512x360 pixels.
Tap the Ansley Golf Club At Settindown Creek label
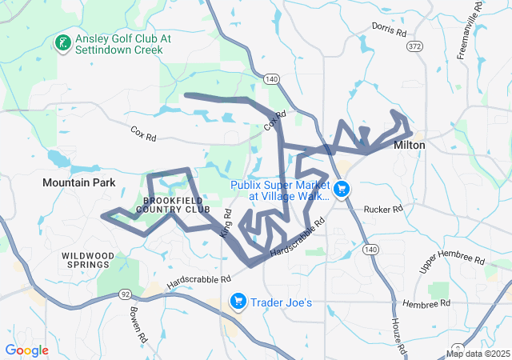pos(118,43)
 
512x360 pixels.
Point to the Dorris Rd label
pos(390,30)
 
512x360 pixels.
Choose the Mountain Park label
pos(79,183)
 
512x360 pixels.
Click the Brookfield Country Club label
pos(172,204)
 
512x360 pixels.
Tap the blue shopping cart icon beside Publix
pos(342,189)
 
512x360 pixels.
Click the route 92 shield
pos(125,294)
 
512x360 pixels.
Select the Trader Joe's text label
pos(286,302)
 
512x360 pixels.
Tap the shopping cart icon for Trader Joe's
pos(238,302)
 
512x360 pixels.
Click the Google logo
pos(26,350)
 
